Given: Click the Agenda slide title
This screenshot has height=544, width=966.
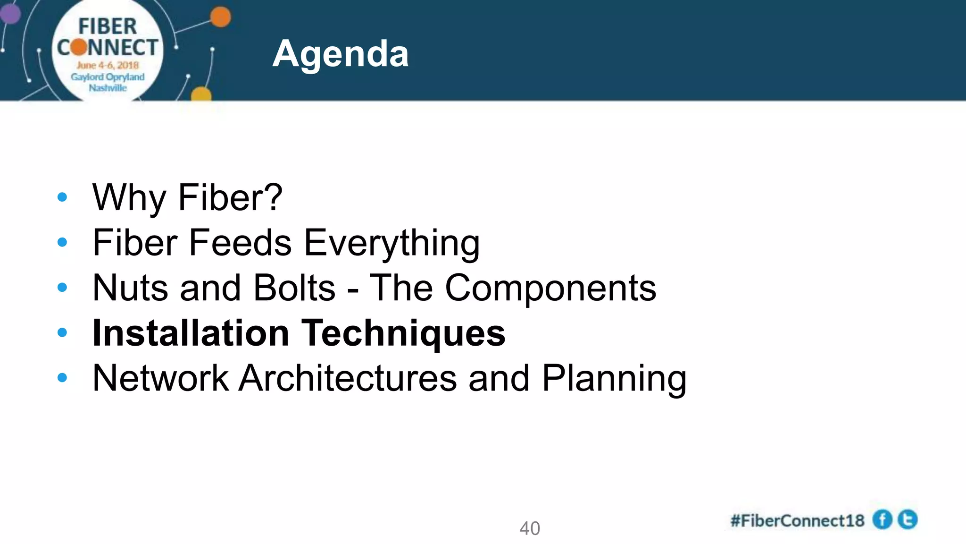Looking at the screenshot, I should [340, 54].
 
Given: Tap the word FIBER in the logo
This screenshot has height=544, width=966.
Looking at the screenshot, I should [108, 26].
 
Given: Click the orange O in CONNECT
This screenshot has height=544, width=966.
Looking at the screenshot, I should [79, 47].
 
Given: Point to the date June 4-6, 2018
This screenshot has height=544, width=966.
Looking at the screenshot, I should [108, 65].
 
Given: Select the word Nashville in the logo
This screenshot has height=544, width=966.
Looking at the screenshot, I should [108, 88].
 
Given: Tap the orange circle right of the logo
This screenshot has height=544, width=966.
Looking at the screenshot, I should [220, 17].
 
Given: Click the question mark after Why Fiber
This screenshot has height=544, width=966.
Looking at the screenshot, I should [273, 197].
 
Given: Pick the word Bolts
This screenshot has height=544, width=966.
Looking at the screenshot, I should [294, 288].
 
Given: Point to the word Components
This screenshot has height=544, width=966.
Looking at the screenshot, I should [550, 288].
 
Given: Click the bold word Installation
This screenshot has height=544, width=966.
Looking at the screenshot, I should [191, 333].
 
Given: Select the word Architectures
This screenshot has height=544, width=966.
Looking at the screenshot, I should [348, 378].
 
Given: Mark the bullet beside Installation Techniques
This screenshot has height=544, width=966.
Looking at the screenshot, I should [62, 332].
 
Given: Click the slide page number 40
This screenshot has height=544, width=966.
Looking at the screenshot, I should [529, 528].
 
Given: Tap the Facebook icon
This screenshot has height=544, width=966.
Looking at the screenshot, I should [882, 520].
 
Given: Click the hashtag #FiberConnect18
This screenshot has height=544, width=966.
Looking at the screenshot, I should [797, 520].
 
